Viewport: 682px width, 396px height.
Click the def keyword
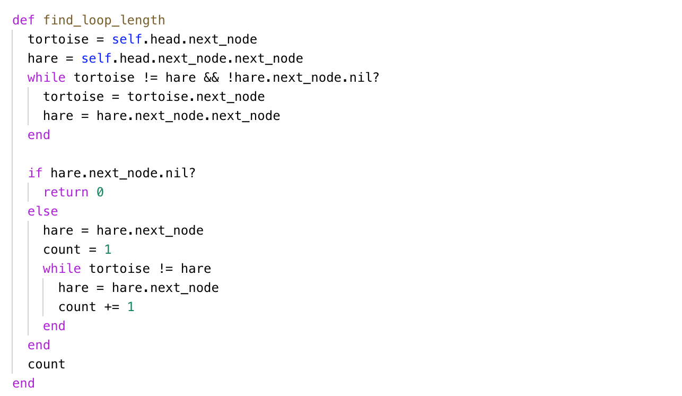click(x=23, y=21)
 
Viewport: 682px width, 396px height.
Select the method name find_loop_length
click(x=104, y=21)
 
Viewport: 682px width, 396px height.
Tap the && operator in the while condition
click(x=211, y=78)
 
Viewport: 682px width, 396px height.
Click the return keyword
click(x=66, y=193)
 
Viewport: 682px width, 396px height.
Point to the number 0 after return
click(x=100, y=193)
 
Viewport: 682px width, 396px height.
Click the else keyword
click(x=43, y=212)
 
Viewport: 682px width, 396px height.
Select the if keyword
click(x=35, y=174)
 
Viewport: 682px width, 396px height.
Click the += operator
click(x=112, y=307)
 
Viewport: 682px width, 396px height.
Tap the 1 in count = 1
click(x=108, y=250)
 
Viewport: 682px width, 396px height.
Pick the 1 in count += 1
click(x=131, y=307)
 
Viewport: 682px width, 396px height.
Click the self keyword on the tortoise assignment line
click(x=127, y=40)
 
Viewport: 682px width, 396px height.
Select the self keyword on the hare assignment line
click(x=97, y=59)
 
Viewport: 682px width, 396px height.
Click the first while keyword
click(x=47, y=78)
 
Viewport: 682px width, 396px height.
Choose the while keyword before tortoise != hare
click(x=62, y=269)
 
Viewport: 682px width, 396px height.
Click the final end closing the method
click(x=23, y=384)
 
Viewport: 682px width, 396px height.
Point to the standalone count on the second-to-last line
click(x=47, y=365)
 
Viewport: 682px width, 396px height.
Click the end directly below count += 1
click(x=54, y=326)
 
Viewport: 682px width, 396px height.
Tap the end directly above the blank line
click(x=39, y=135)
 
